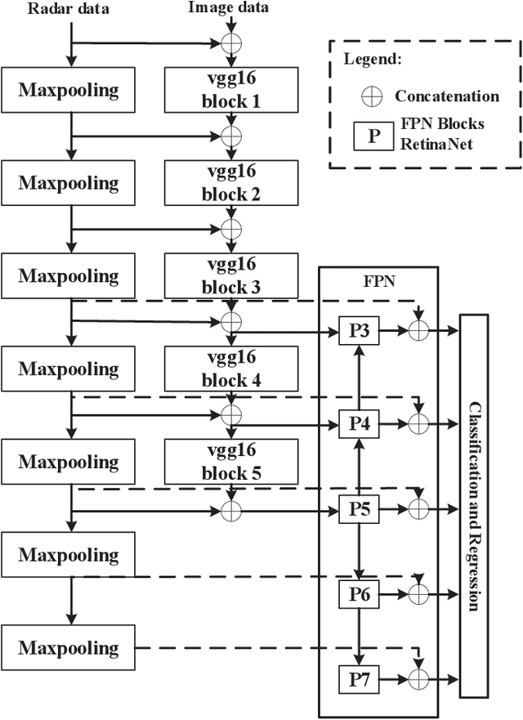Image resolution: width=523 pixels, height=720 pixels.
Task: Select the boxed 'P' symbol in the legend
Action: (373, 134)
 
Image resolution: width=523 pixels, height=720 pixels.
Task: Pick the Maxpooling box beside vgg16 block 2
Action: (69, 181)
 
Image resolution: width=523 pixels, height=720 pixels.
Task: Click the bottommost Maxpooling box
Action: (69, 648)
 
